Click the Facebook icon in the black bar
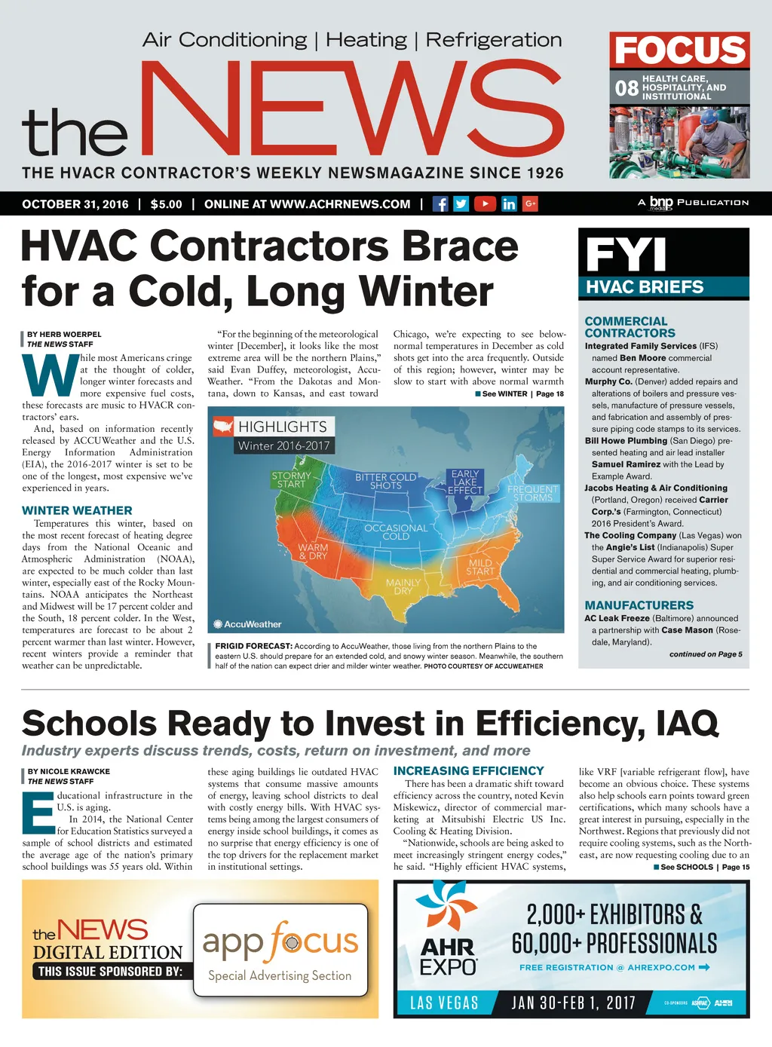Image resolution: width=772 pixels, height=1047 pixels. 440,204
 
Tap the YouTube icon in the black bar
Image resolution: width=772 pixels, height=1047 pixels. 485,204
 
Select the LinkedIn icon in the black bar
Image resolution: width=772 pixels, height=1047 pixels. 509,204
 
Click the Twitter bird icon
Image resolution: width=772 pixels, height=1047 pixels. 461,204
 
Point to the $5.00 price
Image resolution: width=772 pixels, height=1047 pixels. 166,204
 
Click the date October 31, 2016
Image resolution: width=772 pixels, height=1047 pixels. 75,204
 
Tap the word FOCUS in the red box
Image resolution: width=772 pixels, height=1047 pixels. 679,51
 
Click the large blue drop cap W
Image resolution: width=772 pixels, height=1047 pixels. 50,376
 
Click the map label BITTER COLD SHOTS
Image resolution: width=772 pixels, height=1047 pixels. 385,482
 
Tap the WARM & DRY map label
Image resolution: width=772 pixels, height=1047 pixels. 313,552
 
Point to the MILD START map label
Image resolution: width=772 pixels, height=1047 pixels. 480,567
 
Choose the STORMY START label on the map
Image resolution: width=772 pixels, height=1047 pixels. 291,479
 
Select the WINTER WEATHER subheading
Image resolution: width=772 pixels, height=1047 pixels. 77,510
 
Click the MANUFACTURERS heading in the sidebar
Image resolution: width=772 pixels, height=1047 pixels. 639,605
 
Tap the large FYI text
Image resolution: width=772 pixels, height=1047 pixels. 626,254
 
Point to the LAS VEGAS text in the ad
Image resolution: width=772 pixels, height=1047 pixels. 444,1003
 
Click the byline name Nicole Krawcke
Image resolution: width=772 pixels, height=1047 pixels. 69,771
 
